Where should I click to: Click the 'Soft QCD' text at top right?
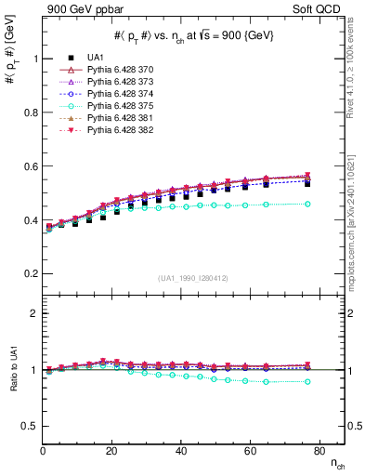coord(321,8)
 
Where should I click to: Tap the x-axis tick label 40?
coord(180,451)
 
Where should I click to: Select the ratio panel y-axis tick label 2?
coord(33,313)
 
